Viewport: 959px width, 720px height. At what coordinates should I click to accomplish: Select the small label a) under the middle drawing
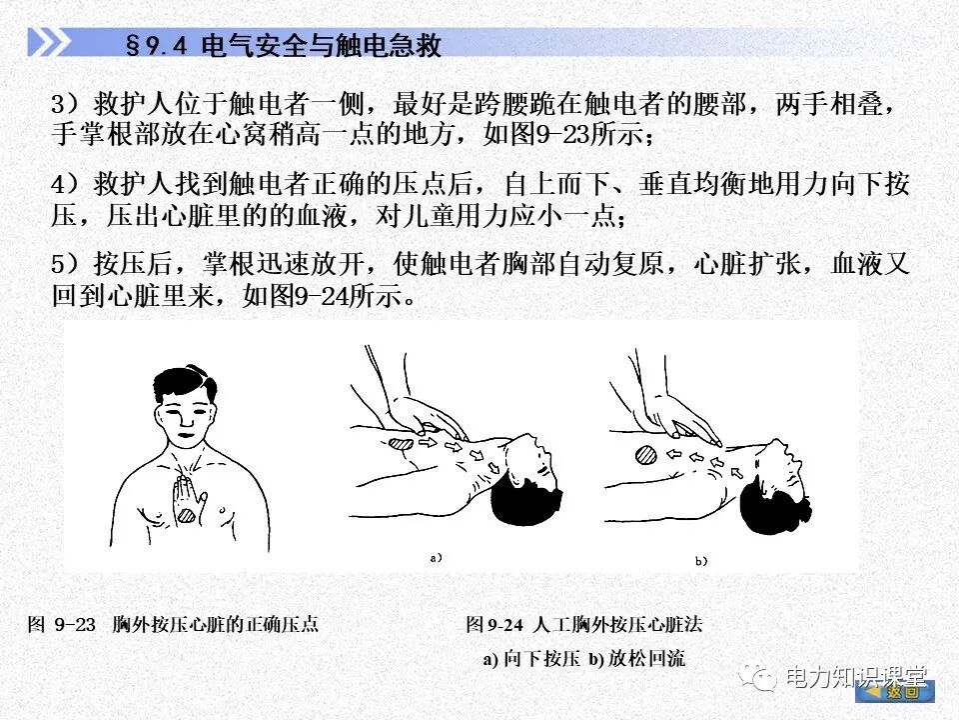436,558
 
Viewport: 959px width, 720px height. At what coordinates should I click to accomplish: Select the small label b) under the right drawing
700,561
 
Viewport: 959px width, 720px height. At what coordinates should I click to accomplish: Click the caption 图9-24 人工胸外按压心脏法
584,625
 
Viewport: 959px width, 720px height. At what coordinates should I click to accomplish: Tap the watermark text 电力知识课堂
856,677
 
